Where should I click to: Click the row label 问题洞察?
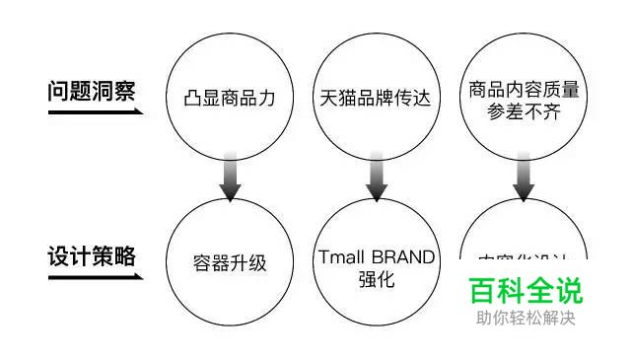coord(91,91)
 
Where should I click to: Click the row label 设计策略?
coord(91,257)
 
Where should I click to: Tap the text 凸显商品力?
coord(230,99)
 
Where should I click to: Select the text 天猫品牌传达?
coord(376,99)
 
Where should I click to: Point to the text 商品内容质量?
coord(524,90)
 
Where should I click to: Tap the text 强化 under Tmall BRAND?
coord(376,279)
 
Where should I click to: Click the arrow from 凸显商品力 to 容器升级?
coord(230,176)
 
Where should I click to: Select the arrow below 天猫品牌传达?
coord(376,176)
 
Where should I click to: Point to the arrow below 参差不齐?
coord(524,176)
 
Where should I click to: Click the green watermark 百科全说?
coord(525,291)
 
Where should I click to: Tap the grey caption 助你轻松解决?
coord(525,318)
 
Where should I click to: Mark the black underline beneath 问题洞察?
coord(94,111)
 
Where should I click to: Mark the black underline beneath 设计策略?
coord(94,277)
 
